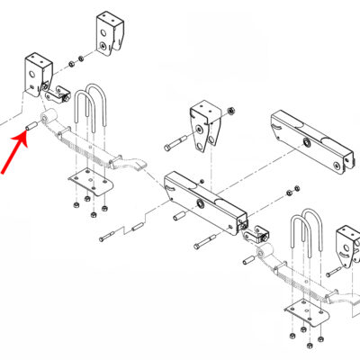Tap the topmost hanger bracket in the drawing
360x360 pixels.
107,33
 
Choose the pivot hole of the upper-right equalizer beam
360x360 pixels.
308,144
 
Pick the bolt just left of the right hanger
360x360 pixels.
321,266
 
